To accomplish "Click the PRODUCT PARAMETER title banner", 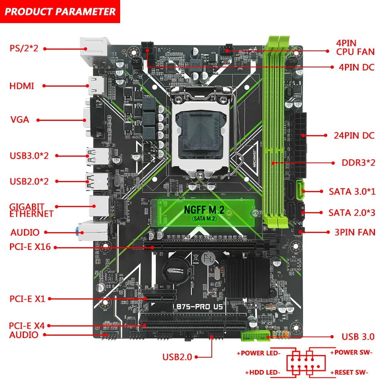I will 60,11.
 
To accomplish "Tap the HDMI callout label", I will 22,86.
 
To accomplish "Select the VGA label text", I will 20,120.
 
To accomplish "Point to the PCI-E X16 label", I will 30,247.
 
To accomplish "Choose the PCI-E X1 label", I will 27,298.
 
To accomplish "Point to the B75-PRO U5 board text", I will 199,307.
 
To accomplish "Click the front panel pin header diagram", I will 305,362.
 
